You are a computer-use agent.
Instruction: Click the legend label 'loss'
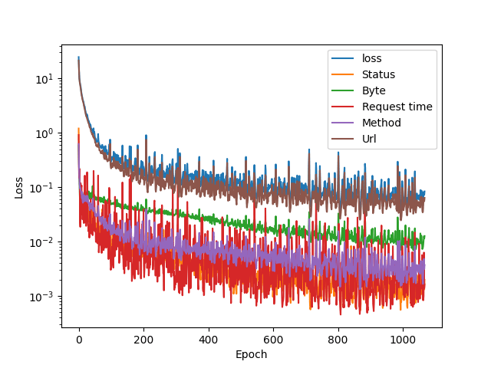tap(371, 58)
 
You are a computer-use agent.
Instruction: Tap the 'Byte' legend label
tap(374, 90)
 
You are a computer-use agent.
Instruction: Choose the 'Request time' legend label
tap(397, 107)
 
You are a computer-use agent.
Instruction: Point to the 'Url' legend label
tap(370, 139)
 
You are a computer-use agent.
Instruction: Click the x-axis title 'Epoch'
tap(252, 354)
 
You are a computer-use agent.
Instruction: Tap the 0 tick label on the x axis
tap(79, 340)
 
